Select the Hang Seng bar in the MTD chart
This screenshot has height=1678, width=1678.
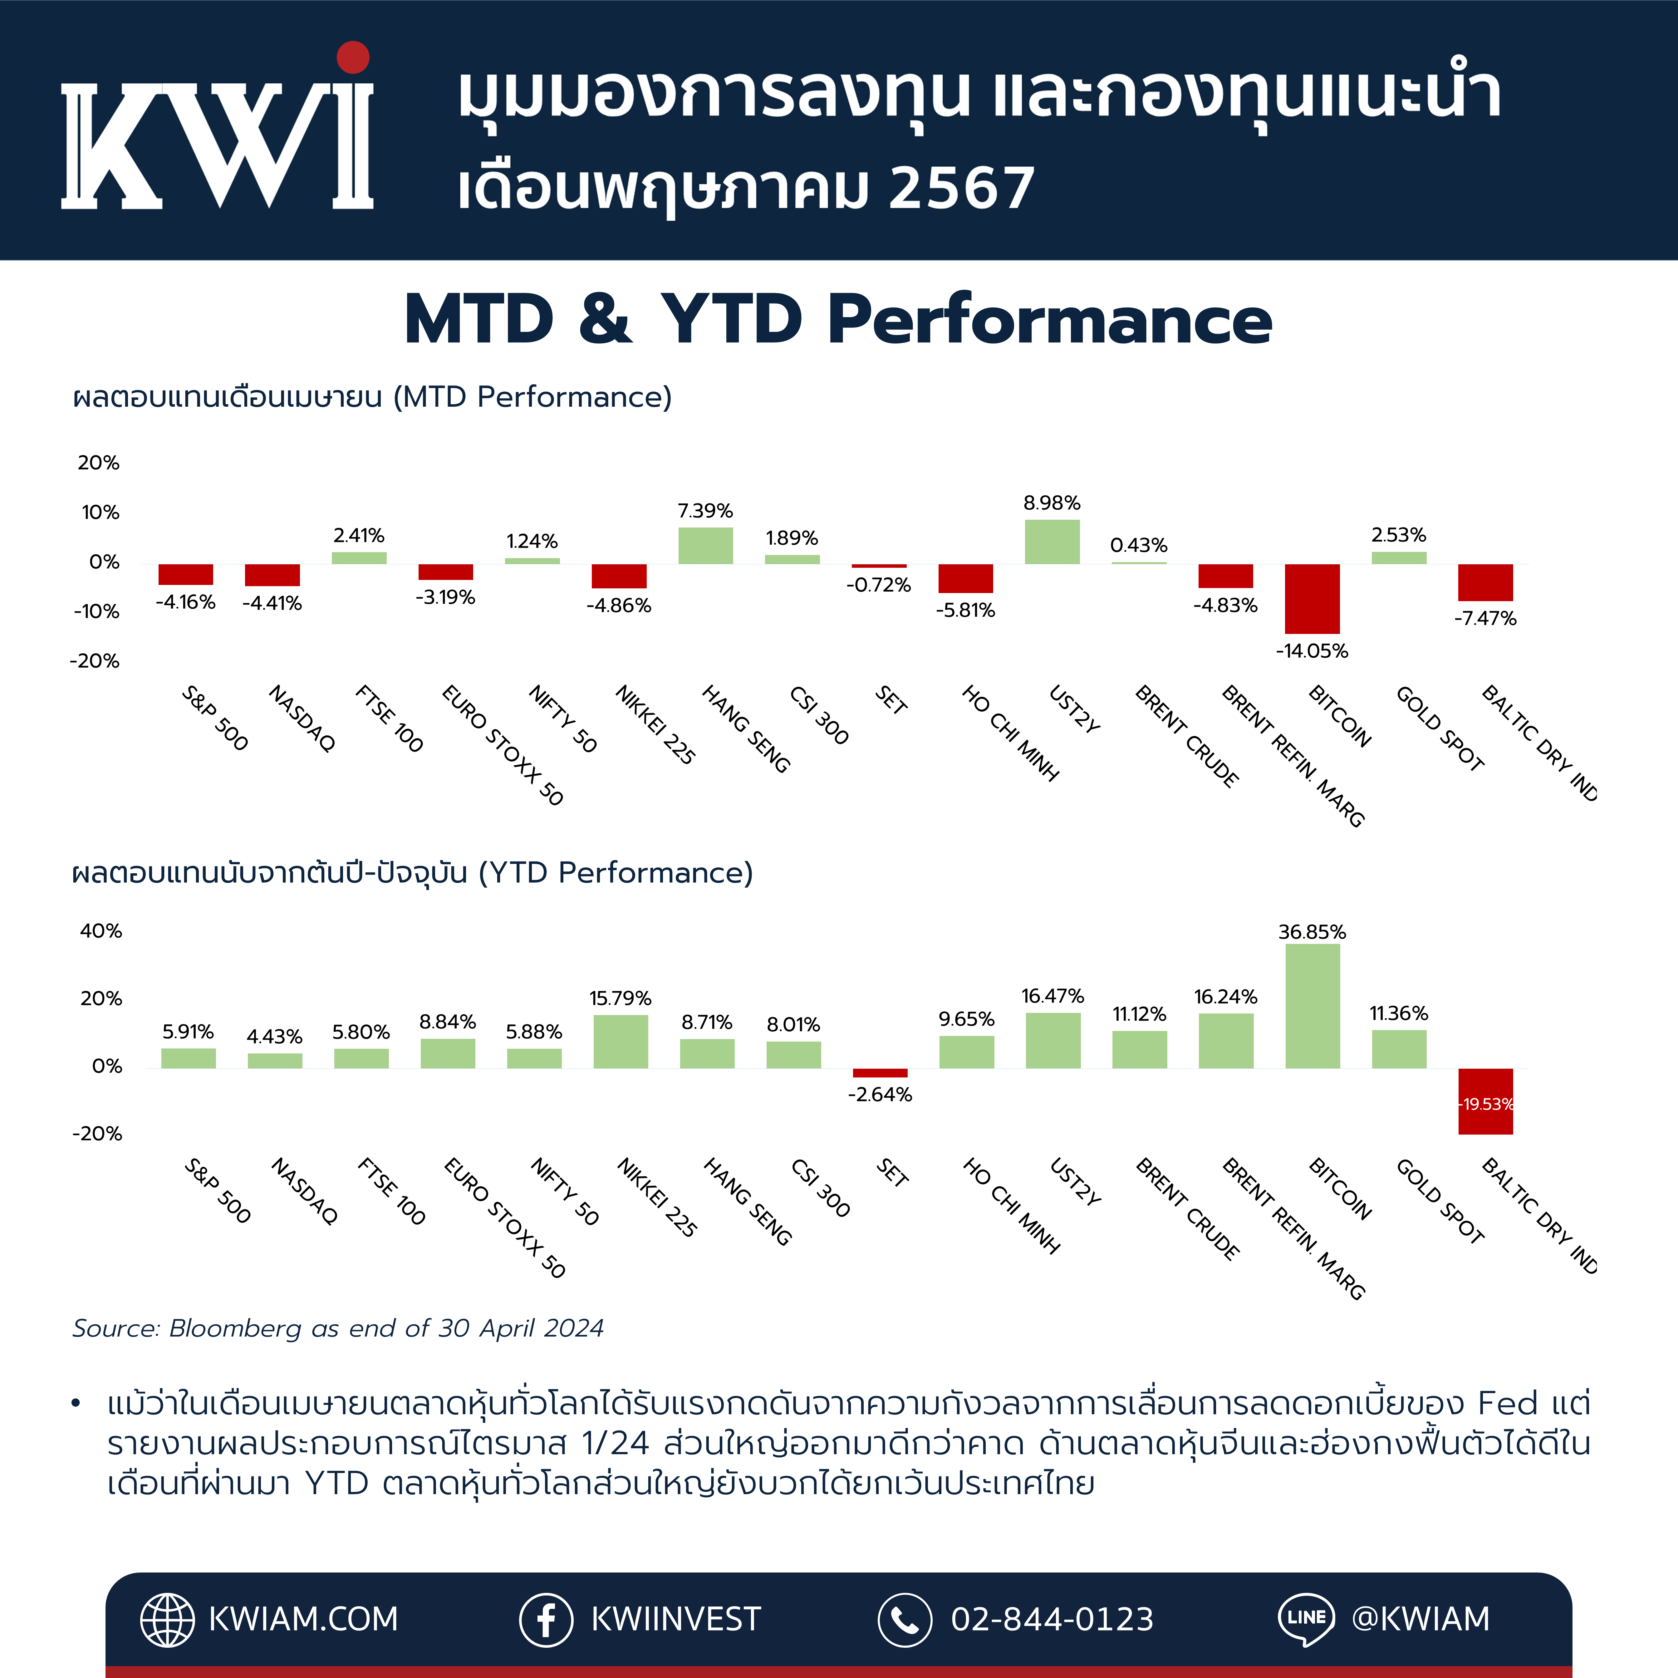[705, 545]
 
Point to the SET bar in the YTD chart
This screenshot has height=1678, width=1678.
[880, 1073]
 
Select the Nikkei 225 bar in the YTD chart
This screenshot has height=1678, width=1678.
[620, 1041]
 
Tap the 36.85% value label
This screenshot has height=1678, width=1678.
[1312, 932]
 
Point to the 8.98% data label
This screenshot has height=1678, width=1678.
[1052, 503]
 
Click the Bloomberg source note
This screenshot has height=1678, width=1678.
[338, 1328]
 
